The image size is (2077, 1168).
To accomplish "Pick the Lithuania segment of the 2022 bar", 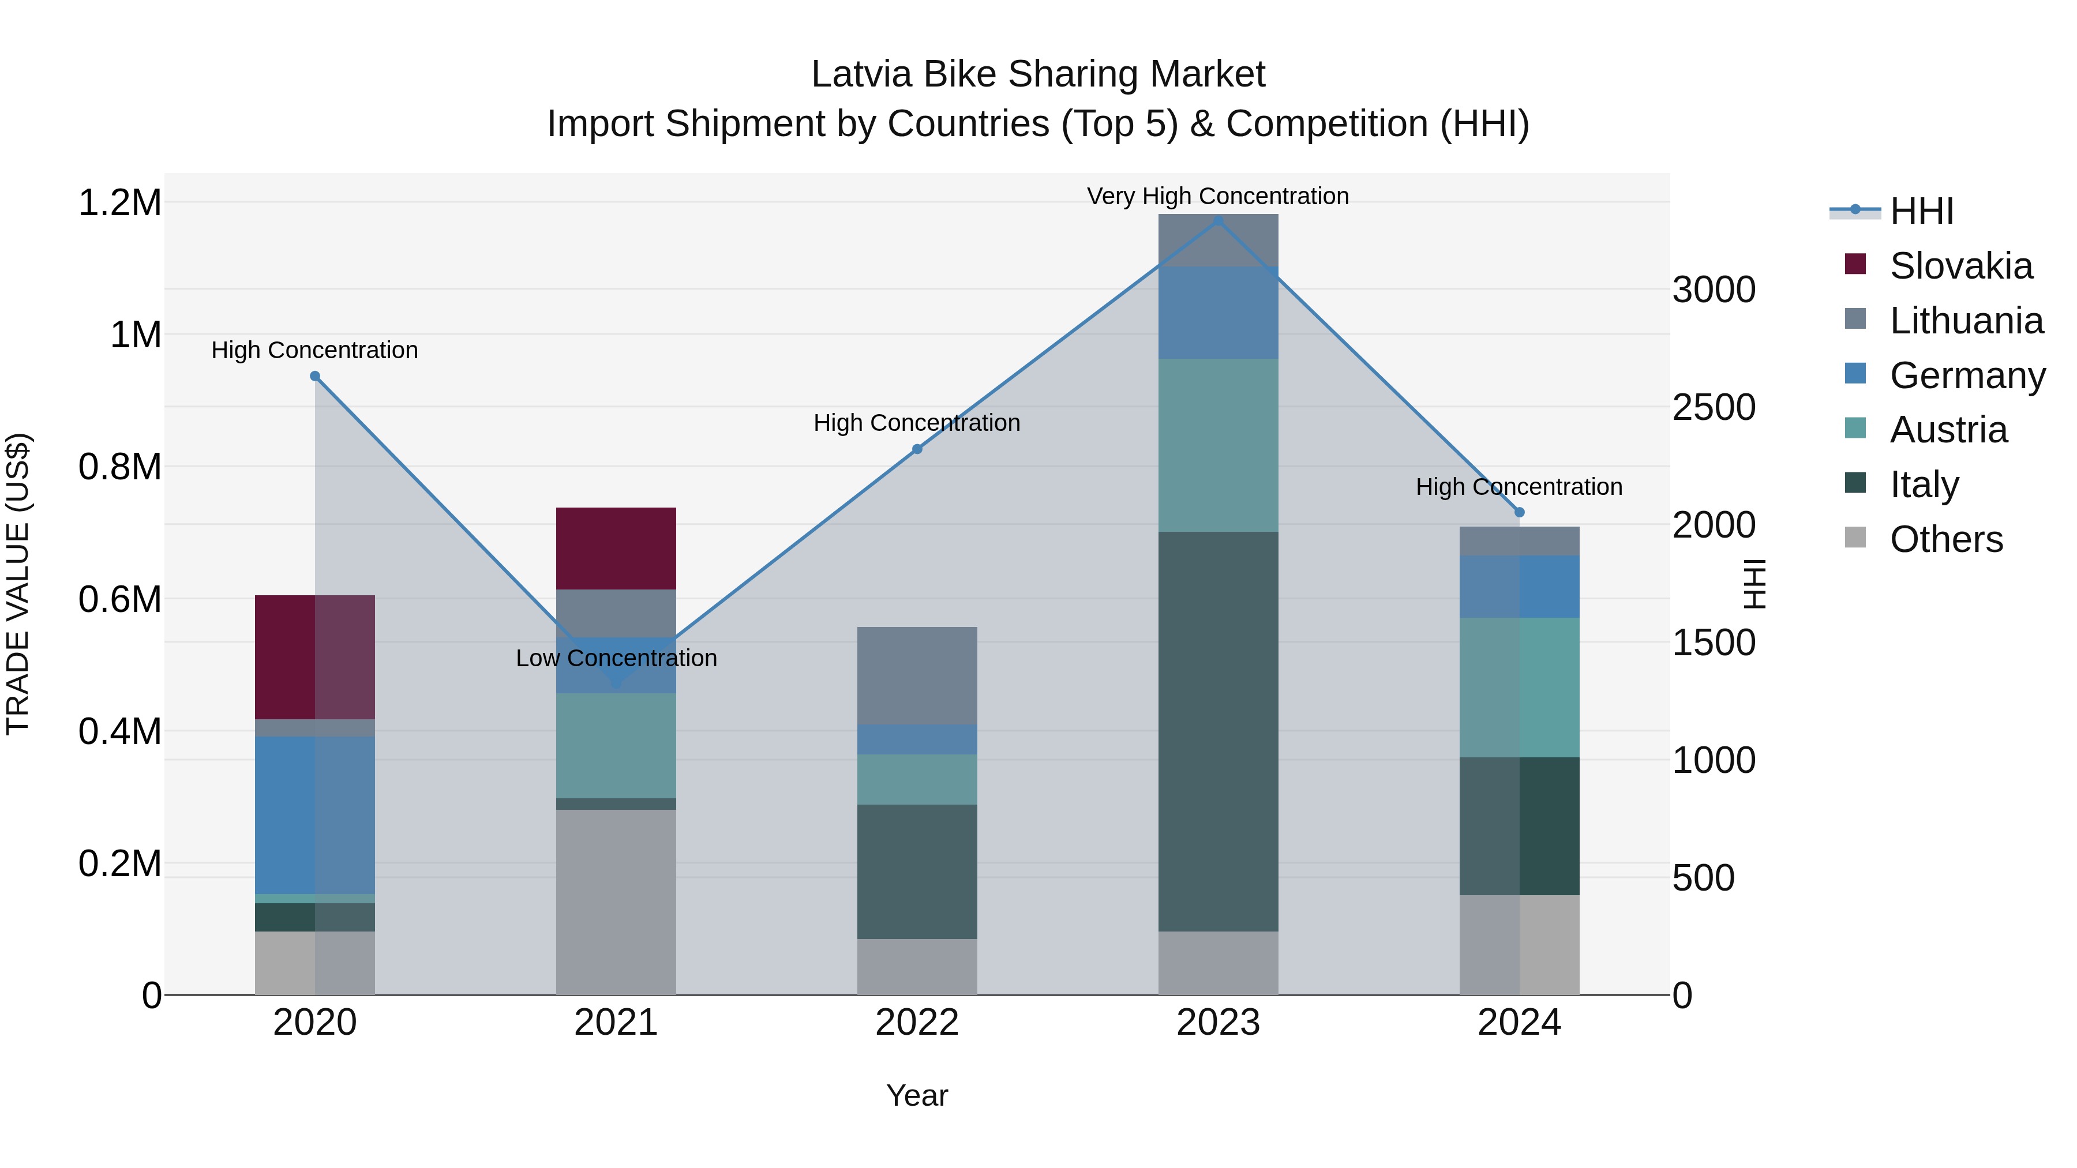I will pyautogui.click(x=917, y=675).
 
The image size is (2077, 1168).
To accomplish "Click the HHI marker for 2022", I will pyautogui.click(x=917, y=449).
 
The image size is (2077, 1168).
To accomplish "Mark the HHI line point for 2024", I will pyautogui.click(x=1519, y=512).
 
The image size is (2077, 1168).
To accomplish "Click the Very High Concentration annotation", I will pyautogui.click(x=1217, y=196).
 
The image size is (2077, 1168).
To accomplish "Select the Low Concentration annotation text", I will pyautogui.click(x=616, y=658).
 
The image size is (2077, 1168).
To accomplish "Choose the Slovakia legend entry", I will pyautogui.click(x=1960, y=266).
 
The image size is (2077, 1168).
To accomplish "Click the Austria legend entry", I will pyautogui.click(x=1948, y=430).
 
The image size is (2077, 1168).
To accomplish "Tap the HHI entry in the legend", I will pyautogui.click(x=1921, y=211).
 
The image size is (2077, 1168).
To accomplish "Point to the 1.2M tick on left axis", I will pyautogui.click(x=119, y=202).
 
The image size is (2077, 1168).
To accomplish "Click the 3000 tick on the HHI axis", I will pyautogui.click(x=1714, y=290).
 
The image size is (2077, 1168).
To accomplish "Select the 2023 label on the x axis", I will pyautogui.click(x=1217, y=1022).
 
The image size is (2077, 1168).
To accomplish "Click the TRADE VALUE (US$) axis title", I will pyautogui.click(x=18, y=584).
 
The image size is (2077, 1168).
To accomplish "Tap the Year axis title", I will pyautogui.click(x=917, y=1095).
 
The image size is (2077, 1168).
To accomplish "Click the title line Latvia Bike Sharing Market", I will pyautogui.click(x=1038, y=74).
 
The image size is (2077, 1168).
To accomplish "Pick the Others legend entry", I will pyautogui.click(x=1945, y=539).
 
